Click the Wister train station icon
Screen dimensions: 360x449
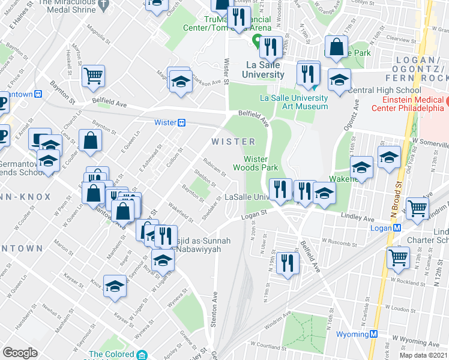coord(181,122)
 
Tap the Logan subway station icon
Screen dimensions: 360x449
coord(396,228)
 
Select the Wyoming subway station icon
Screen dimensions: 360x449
coord(373,334)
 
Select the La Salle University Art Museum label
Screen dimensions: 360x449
coord(294,102)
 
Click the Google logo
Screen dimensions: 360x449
coord(20,353)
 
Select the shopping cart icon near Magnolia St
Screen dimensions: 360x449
coord(93,76)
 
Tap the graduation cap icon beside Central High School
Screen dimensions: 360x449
coord(339,80)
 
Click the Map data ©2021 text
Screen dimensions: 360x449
coord(423,355)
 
